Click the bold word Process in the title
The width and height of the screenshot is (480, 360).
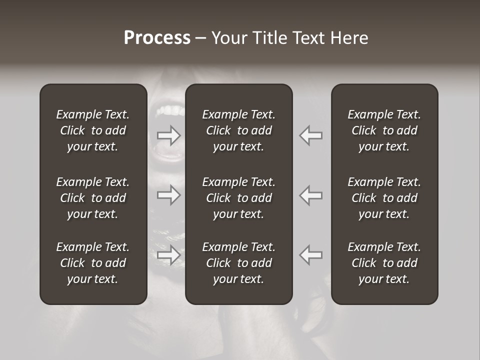click(157, 38)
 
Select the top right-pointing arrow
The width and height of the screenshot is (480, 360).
click(169, 135)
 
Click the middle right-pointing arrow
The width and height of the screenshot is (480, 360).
click(169, 194)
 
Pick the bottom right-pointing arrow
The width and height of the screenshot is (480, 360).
click(169, 254)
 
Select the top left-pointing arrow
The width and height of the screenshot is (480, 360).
click(310, 135)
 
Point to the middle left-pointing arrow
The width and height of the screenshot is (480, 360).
click(310, 194)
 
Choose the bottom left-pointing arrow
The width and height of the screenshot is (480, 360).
click(310, 254)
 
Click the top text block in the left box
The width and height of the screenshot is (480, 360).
click(93, 130)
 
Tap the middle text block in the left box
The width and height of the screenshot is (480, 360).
click(93, 198)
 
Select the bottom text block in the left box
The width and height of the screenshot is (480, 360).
click(93, 263)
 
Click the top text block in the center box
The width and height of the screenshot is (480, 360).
click(239, 130)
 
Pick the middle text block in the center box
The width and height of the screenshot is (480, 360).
click(239, 198)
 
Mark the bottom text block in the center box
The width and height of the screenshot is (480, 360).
click(239, 263)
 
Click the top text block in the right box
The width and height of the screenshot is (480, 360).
click(384, 130)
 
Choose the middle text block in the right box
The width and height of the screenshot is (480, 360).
click(384, 198)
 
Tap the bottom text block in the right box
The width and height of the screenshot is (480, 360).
click(384, 263)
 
